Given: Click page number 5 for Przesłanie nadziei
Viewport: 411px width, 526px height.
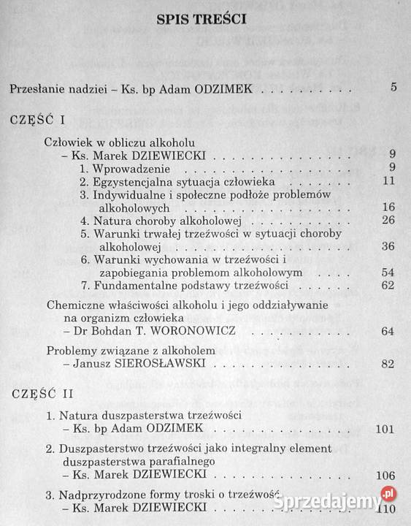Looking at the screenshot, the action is tap(393, 90).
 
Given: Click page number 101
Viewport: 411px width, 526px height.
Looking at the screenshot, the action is tap(385, 428).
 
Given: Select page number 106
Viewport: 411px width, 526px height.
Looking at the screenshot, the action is tap(385, 476).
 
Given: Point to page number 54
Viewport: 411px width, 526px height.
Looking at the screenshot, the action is tap(388, 272).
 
